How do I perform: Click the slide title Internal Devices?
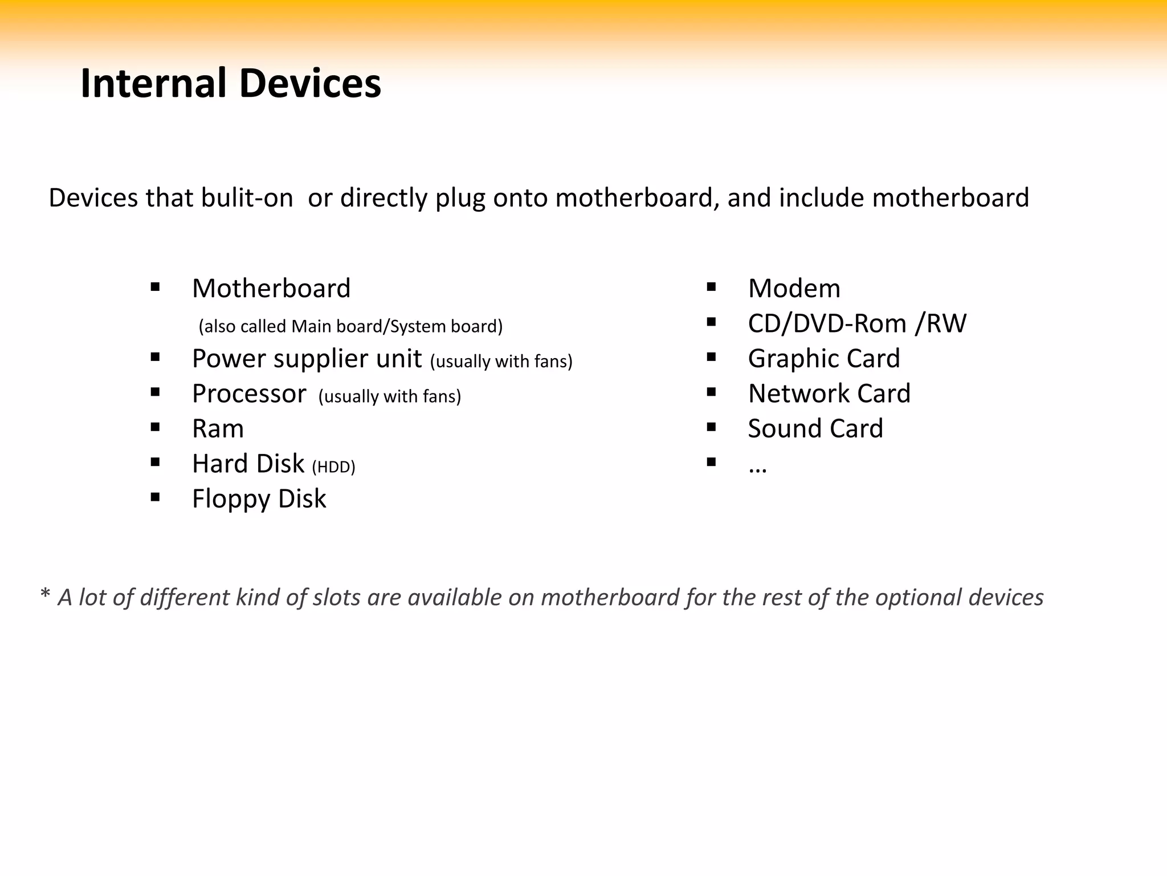[x=231, y=83]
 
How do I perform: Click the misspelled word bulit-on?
[x=247, y=198]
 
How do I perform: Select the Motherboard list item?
[x=271, y=288]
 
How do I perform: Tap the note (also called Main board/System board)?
[x=350, y=326]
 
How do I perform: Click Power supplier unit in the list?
[x=307, y=359]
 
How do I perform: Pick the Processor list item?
[x=249, y=394]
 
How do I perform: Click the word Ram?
[x=218, y=429]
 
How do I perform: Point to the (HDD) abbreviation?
[x=333, y=467]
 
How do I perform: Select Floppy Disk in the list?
[x=259, y=499]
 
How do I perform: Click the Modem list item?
[x=794, y=288]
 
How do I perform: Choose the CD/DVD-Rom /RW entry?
[x=856, y=323]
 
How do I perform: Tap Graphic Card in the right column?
[x=823, y=359]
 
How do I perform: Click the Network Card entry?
[x=829, y=394]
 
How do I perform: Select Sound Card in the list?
[x=815, y=429]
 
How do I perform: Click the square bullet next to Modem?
[x=711, y=287]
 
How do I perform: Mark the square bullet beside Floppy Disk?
[x=155, y=497]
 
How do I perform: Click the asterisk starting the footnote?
[x=45, y=594]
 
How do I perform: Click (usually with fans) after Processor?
[x=390, y=396]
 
